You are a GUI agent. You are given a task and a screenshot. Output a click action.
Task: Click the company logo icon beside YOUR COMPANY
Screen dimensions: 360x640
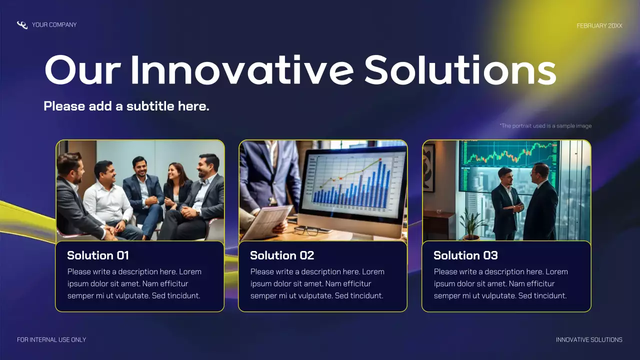22,25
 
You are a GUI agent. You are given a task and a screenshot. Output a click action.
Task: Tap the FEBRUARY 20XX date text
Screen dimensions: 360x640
599,25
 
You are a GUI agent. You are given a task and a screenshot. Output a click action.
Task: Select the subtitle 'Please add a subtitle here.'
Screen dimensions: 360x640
126,106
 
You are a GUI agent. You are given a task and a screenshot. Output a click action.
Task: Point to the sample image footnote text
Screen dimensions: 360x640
545,126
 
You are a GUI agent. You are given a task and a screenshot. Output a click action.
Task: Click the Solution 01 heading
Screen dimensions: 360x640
98,255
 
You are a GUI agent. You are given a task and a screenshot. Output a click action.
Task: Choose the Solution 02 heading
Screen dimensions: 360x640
282,255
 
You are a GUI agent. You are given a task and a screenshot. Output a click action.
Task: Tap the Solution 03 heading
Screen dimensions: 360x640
465,255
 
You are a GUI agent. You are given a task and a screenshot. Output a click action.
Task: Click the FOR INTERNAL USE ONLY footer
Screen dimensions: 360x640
51,340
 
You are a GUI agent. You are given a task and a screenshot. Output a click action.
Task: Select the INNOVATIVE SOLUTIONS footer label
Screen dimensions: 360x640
589,340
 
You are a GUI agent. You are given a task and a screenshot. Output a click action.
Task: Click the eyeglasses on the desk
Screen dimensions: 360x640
306,230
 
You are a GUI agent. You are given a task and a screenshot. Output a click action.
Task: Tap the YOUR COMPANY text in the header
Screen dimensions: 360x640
54,25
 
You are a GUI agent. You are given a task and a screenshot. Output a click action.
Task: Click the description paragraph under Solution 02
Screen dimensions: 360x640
317,284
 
